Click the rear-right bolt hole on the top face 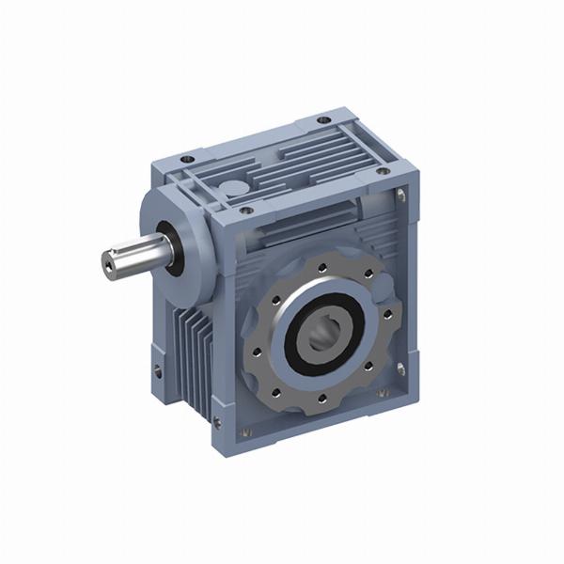pyautogui.click(x=322, y=120)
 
